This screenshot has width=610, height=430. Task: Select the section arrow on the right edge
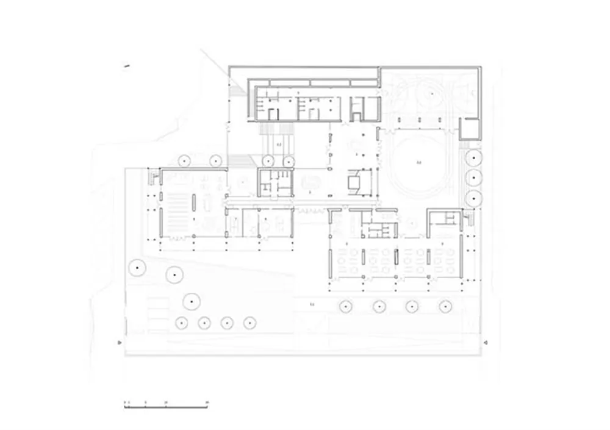pyautogui.click(x=485, y=343)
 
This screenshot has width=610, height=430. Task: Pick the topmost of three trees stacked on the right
pyautogui.click(x=474, y=158)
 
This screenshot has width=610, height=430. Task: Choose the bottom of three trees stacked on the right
pyautogui.click(x=474, y=198)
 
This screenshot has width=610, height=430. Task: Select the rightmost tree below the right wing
pyautogui.click(x=445, y=306)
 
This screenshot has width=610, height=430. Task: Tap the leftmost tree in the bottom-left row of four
pyautogui.click(x=181, y=323)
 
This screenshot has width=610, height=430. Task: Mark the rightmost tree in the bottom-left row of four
pyautogui.click(x=248, y=323)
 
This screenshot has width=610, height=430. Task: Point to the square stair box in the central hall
pyautogui.click(x=356, y=181)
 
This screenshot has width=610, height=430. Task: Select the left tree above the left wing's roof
pyautogui.click(x=182, y=160)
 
